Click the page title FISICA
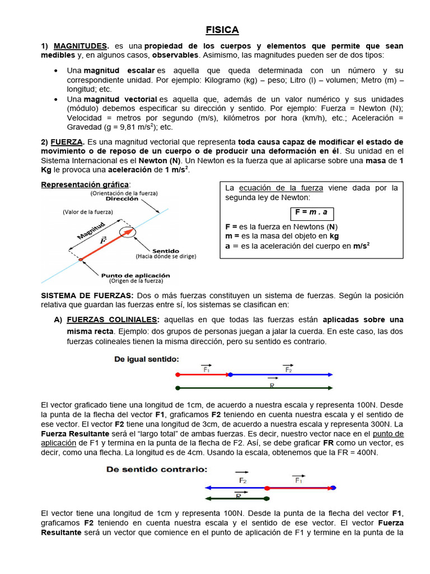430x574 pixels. click(x=222, y=30)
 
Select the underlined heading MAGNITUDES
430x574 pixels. click(x=80, y=46)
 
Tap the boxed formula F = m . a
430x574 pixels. click(x=311, y=213)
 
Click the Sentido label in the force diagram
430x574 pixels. click(x=165, y=251)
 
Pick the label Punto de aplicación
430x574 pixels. click(x=135, y=275)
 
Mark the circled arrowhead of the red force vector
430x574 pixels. click(x=128, y=230)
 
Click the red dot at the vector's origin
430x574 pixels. click(x=81, y=259)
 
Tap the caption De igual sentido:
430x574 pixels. click(x=147, y=359)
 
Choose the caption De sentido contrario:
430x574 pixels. click(x=157, y=469)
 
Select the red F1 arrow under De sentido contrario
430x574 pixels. click(x=300, y=488)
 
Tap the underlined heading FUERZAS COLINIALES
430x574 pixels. click(x=113, y=320)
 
